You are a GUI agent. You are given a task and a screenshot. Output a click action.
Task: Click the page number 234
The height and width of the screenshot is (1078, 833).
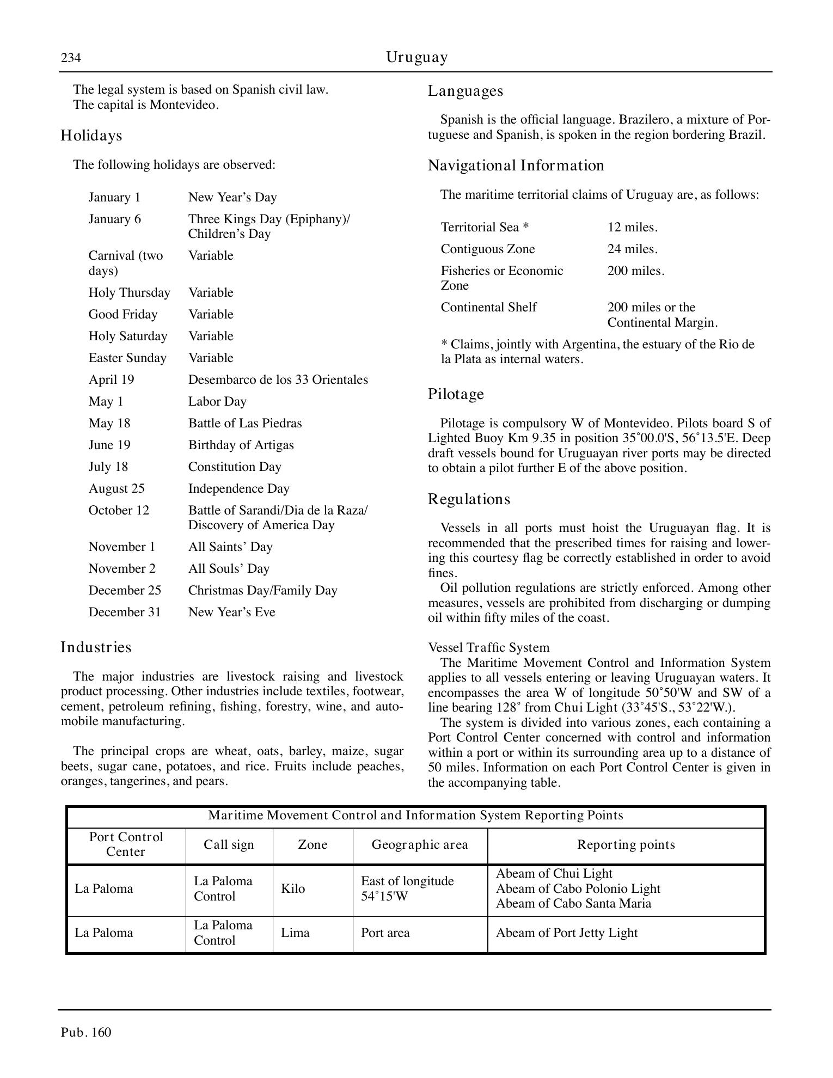(x=71, y=58)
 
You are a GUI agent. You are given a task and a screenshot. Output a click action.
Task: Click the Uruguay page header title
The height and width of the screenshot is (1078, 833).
(x=417, y=57)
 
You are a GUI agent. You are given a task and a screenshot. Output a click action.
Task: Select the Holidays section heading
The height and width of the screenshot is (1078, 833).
(x=91, y=135)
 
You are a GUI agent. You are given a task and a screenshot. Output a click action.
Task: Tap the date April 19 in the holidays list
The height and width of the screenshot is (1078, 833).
(x=111, y=379)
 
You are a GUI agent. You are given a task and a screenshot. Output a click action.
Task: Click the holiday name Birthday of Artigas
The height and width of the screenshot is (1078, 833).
(x=241, y=445)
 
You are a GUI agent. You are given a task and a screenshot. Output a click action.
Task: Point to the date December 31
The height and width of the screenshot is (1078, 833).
(x=125, y=612)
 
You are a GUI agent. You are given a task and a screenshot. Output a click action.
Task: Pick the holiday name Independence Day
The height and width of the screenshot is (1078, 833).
(x=238, y=488)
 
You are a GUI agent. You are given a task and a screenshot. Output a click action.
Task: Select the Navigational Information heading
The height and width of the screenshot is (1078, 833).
(x=516, y=165)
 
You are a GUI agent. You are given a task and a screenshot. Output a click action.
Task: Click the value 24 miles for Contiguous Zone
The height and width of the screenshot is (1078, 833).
(x=632, y=249)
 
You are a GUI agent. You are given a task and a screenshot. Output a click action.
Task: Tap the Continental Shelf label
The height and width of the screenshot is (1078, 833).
(x=488, y=307)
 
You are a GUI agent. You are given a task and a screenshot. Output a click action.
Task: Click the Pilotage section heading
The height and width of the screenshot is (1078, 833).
(x=456, y=394)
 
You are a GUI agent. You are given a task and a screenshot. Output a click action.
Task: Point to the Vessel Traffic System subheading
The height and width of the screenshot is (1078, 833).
(x=488, y=647)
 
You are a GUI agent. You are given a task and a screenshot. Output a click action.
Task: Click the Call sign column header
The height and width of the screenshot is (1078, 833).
(x=229, y=844)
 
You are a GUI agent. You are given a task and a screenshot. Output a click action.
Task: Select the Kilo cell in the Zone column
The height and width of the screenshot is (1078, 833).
(x=293, y=889)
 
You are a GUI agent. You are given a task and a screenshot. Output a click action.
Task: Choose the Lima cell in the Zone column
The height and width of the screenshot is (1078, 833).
(x=295, y=933)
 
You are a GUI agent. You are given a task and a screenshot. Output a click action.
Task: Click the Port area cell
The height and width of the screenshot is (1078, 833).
(x=385, y=933)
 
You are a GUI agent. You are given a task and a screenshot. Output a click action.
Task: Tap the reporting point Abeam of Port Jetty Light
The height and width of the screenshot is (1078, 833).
(x=566, y=933)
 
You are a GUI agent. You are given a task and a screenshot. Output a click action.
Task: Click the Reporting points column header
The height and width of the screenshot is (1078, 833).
(x=626, y=844)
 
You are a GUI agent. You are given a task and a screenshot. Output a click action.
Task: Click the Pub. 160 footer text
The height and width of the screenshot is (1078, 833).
(x=86, y=1032)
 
